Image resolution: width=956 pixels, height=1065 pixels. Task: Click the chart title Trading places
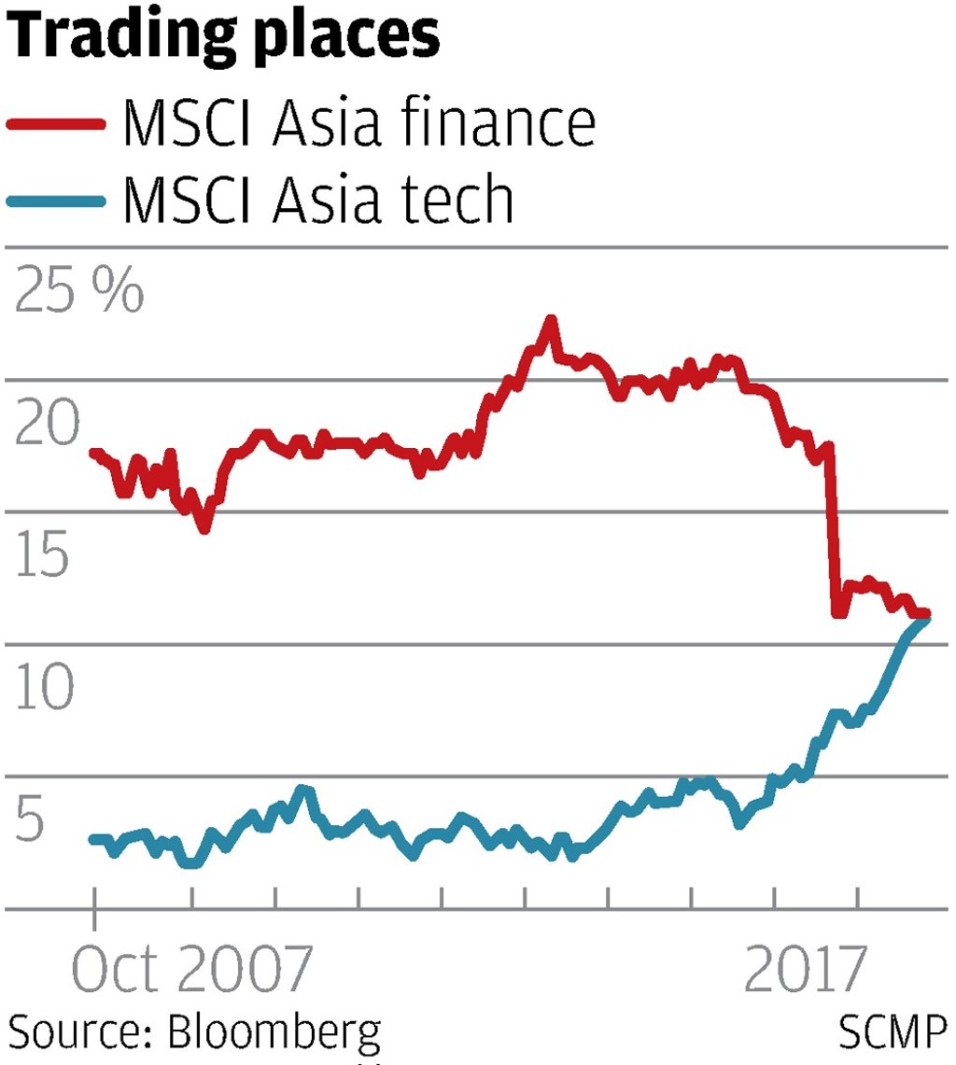pos(223,37)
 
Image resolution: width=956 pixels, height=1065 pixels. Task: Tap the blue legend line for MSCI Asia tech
pos(55,199)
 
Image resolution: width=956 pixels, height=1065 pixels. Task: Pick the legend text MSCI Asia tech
pos(318,199)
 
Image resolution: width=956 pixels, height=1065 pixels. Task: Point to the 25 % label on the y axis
pos(79,292)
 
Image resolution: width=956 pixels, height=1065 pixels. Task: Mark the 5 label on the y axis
pos(29,823)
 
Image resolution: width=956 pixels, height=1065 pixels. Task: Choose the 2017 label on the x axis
pos(803,971)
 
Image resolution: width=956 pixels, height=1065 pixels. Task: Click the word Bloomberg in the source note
pos(274,1033)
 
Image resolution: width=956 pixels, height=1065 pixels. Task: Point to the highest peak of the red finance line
pos(551,320)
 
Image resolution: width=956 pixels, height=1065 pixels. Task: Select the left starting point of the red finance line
pos(93,453)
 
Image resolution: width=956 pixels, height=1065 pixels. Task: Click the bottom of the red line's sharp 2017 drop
pos(837,614)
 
